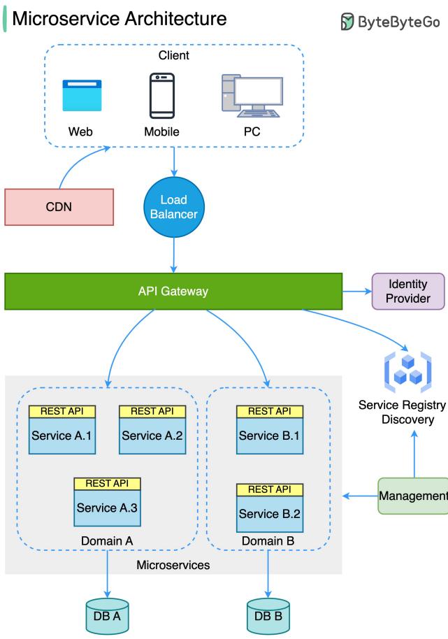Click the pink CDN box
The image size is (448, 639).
coord(59,207)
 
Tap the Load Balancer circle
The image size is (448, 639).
coord(174,207)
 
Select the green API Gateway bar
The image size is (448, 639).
coord(173,292)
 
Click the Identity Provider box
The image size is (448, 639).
coord(408,292)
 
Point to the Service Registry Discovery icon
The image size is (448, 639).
coord(407,372)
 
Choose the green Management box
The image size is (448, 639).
coord(413,496)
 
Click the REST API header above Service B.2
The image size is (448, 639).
coord(270,489)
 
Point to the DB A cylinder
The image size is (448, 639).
coord(107,616)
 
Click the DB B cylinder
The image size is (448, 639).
coord(268,616)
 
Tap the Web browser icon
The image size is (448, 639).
coord(82,96)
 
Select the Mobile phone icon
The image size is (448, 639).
coord(162,96)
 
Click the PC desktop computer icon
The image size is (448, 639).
coord(252,96)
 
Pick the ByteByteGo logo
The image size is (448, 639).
coord(390,22)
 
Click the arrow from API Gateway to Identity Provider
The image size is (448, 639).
coord(357,292)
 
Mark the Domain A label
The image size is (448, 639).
coord(107,541)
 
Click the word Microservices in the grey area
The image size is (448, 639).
coord(173,565)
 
